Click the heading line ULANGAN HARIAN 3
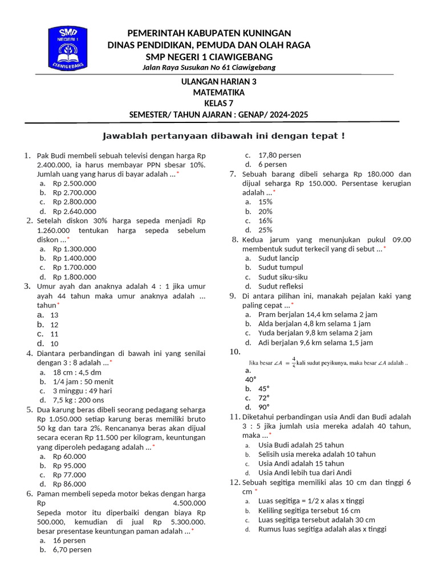coord(218,81)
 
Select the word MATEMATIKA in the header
coord(218,92)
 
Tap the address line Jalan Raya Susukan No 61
coord(209,67)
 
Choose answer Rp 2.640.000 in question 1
coord(75,211)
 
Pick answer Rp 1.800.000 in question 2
coord(75,277)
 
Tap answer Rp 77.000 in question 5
coord(70,475)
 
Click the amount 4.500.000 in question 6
coord(188,503)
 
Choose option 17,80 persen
coord(279,155)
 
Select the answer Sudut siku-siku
coord(283,277)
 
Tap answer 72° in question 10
coord(264,398)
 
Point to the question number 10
coord(236,352)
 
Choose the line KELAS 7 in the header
coord(218,103)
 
